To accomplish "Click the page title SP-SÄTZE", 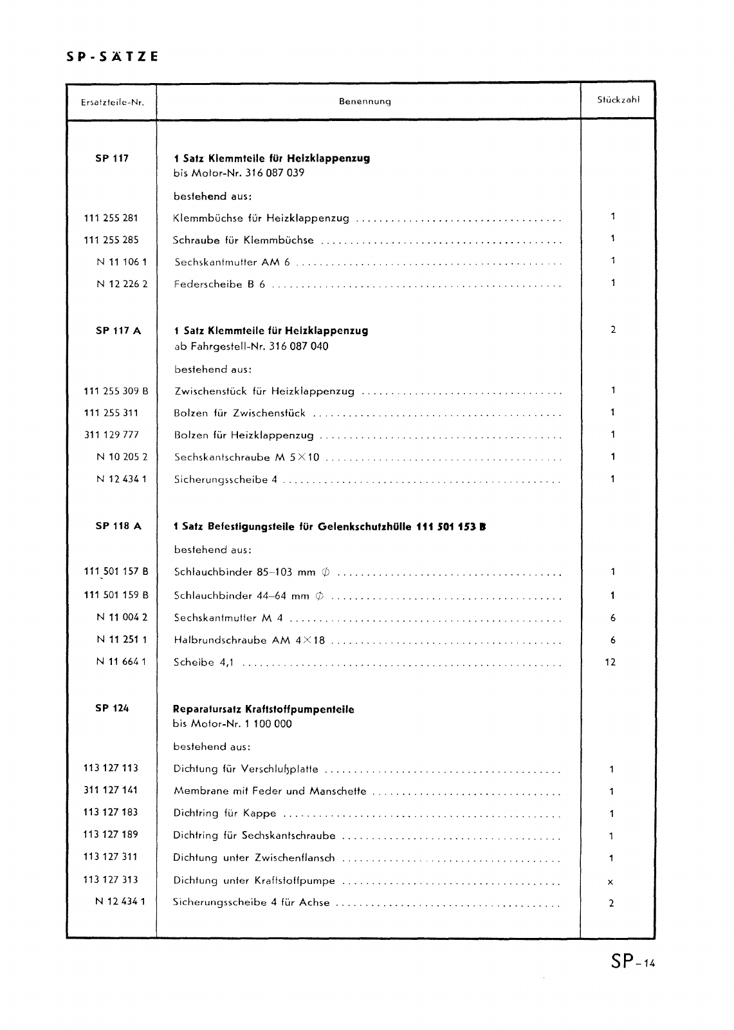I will (x=113, y=57).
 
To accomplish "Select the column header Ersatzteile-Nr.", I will (x=112, y=102).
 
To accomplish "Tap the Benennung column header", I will (x=365, y=102).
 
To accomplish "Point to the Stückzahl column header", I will (x=618, y=100).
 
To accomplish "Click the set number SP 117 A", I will (x=118, y=331).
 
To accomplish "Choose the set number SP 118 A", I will (x=118, y=526).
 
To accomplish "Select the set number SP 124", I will (x=112, y=708).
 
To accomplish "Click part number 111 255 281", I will (x=111, y=218).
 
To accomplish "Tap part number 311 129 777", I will (x=111, y=435).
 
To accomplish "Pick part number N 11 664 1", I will (x=122, y=661).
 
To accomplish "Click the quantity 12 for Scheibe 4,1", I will (x=610, y=662).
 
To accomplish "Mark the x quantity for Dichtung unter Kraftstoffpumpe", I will (x=610, y=882).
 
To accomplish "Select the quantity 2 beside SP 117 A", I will (x=613, y=330).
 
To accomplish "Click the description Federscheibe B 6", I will (x=219, y=284).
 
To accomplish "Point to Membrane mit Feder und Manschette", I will (x=270, y=791).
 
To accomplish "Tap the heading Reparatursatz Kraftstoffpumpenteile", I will (x=264, y=709).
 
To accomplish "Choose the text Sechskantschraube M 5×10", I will (x=247, y=458).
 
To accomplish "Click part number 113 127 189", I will (x=111, y=834).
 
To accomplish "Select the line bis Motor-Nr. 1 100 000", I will (x=232, y=724).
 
